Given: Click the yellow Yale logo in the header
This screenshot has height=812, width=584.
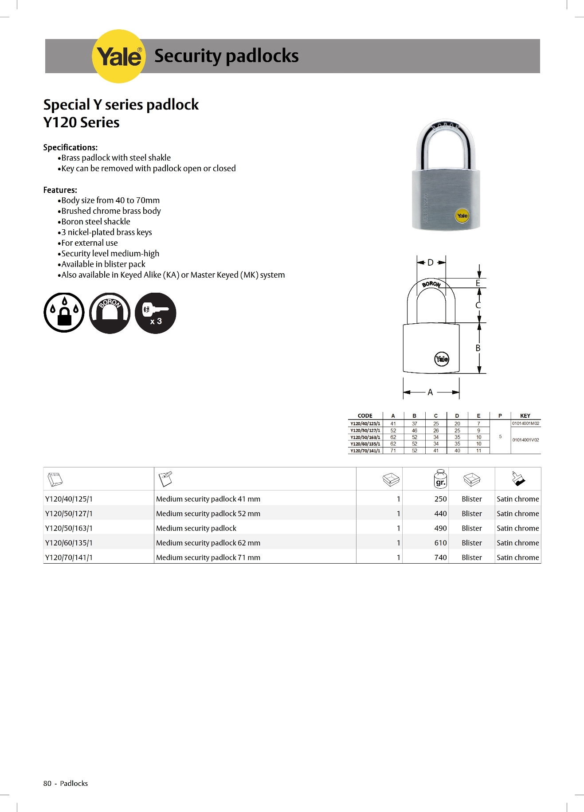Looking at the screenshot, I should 118,56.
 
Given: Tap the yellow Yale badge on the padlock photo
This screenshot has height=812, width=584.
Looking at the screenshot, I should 462,216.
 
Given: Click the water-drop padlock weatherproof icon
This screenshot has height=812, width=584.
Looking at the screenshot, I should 64,313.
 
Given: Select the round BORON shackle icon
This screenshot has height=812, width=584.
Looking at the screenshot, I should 110,313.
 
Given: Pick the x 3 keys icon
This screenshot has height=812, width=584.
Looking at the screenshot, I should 155,313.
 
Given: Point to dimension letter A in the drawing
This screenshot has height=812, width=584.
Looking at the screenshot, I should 430,392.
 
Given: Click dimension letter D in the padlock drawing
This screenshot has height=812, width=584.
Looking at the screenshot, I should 430,263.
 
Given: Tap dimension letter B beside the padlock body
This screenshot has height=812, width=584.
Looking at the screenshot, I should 478,348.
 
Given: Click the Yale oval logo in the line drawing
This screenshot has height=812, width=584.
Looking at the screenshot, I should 442,359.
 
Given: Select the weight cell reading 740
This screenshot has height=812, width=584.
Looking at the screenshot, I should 440,557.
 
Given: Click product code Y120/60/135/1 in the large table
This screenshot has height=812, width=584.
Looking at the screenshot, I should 69,543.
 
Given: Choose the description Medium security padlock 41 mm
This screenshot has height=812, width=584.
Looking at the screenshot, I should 208,499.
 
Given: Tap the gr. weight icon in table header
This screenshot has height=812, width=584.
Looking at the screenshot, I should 440,479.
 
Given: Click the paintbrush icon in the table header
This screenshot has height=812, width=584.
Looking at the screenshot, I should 518,479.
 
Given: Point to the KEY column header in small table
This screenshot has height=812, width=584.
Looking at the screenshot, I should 525,416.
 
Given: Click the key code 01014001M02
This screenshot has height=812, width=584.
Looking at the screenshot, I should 526,424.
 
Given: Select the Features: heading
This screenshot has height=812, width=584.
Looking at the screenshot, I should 60,190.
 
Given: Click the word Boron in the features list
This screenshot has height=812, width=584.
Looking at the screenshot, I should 72,222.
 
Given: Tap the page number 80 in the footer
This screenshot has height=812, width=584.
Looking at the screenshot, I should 47,783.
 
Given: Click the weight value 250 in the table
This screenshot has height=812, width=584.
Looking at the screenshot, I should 440,499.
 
